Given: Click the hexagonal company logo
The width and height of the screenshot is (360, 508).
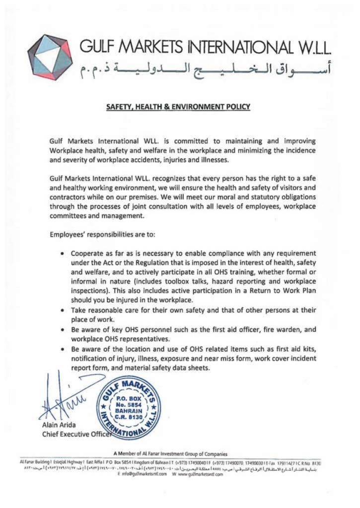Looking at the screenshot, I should (50, 58).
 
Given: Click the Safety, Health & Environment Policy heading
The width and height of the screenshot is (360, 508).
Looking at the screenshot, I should (178, 107).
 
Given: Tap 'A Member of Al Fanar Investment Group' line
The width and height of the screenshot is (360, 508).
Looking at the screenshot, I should (170, 453).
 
